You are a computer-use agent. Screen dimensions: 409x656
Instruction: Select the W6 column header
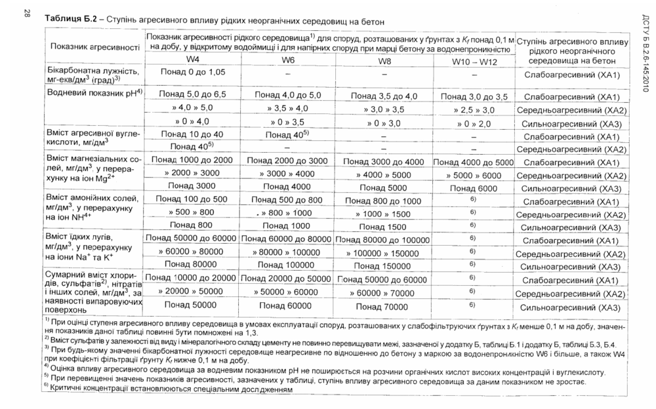288,60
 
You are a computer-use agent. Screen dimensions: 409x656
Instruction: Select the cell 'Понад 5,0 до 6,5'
192,94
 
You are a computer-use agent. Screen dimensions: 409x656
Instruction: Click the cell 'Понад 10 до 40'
192,134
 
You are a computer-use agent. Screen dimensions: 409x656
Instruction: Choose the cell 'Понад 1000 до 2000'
192,160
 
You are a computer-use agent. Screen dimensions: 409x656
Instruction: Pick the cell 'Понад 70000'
384,306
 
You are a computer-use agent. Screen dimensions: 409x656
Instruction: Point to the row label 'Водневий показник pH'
92,93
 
